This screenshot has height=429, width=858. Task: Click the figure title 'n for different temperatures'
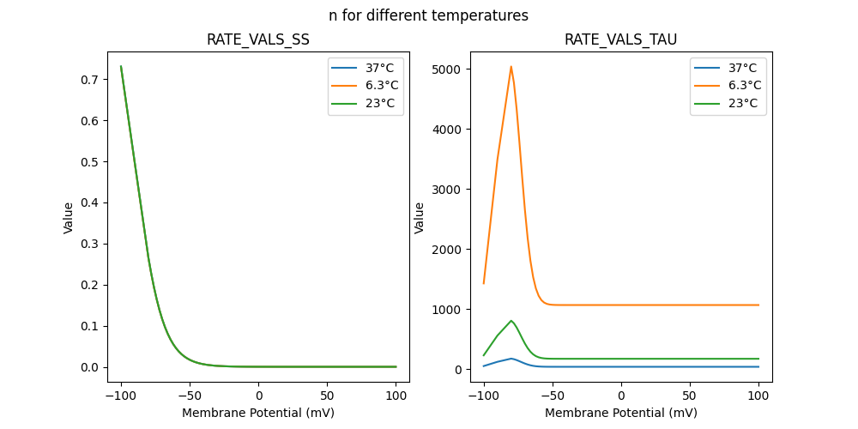(428, 15)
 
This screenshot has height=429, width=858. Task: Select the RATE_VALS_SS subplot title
(258, 40)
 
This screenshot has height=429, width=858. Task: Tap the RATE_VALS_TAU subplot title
(620, 40)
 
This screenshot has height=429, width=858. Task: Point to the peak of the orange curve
(511, 66)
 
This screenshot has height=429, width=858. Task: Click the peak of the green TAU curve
(511, 321)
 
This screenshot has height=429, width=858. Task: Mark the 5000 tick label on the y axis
(448, 69)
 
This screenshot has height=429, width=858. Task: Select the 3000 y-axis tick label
(448, 189)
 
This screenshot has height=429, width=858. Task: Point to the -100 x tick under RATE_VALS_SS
(121, 396)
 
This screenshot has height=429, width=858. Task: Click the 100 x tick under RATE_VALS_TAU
(758, 396)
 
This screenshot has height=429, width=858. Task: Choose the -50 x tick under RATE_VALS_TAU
(553, 396)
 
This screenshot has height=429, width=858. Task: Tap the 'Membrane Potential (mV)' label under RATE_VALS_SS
(258, 413)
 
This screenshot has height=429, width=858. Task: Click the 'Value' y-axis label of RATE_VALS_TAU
(420, 217)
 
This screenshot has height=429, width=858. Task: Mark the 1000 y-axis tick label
(448, 309)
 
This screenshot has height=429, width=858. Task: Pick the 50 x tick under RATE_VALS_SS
(327, 396)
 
